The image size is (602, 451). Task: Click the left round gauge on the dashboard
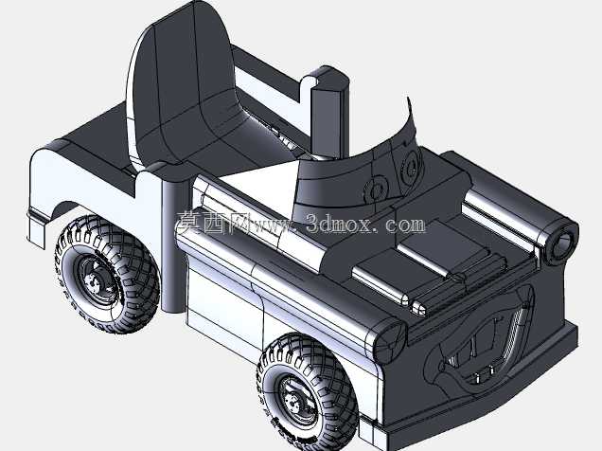[377, 189]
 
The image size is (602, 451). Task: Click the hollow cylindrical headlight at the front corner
[561, 243]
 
